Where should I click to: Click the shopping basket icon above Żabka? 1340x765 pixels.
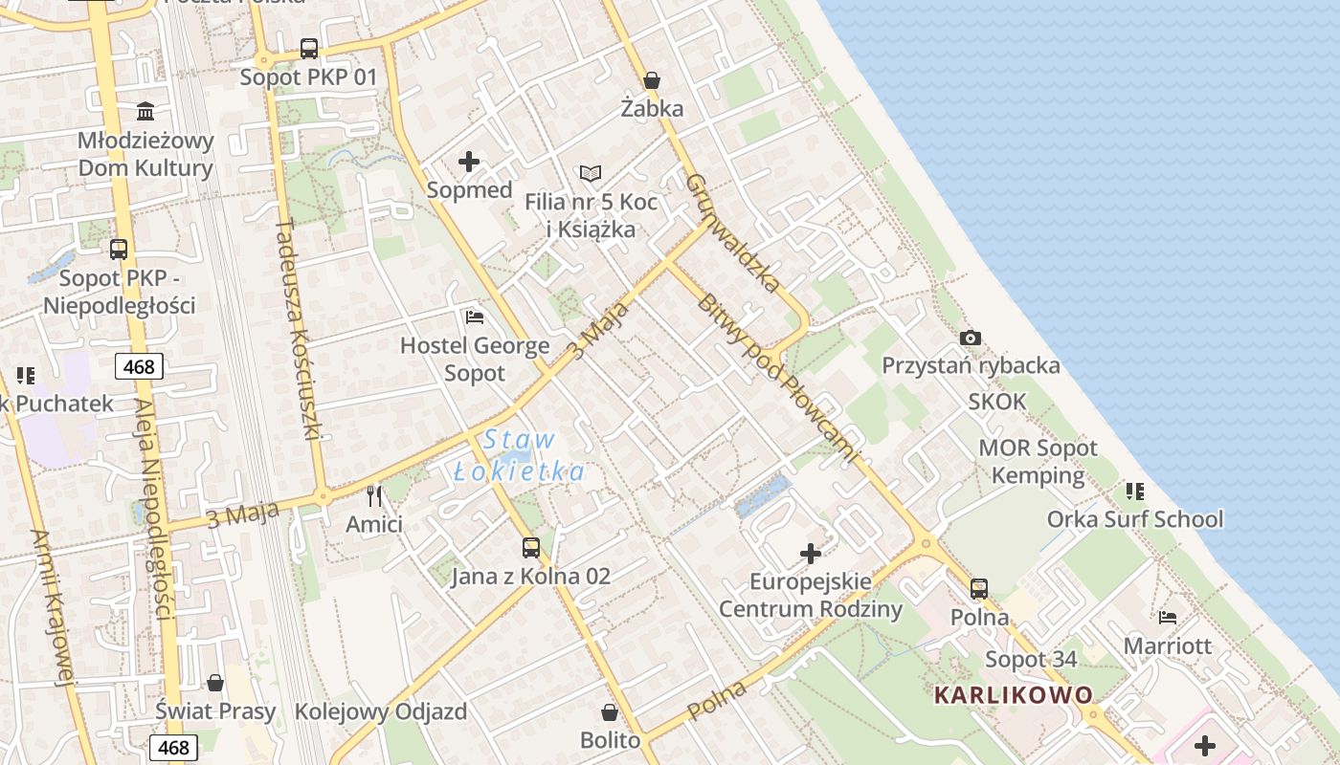pyautogui.click(x=652, y=80)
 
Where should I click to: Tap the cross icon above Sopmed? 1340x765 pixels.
pyautogui.click(x=469, y=161)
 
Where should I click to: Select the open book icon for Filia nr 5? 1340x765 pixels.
pyautogui.click(x=591, y=173)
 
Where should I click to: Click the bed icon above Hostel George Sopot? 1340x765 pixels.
pyautogui.click(x=474, y=317)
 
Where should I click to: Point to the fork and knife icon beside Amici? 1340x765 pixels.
pyautogui.click(x=374, y=495)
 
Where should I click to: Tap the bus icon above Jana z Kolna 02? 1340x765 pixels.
pyautogui.click(x=530, y=548)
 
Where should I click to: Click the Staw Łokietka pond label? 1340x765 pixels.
pyautogui.click(x=519, y=455)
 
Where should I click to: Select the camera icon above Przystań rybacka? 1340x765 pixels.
pyautogui.click(x=970, y=338)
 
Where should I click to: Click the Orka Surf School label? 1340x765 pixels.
pyautogui.click(x=1135, y=519)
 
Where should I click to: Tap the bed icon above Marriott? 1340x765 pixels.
pyautogui.click(x=1167, y=618)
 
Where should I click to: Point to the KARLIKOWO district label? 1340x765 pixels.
pyautogui.click(x=1013, y=695)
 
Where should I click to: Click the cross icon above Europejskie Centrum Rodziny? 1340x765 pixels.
pyautogui.click(x=810, y=553)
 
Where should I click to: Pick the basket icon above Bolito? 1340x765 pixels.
pyautogui.click(x=610, y=712)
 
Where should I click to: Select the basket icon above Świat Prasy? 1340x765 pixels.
pyautogui.click(x=215, y=683)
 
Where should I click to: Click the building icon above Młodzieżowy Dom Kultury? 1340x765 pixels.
pyautogui.click(x=145, y=111)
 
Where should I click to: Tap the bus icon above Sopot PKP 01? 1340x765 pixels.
pyautogui.click(x=308, y=49)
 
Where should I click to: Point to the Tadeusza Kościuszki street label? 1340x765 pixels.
pyautogui.click(x=297, y=330)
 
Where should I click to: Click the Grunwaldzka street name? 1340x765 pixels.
pyautogui.click(x=732, y=231)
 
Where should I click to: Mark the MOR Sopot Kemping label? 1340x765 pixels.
pyautogui.click(x=1038, y=461)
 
